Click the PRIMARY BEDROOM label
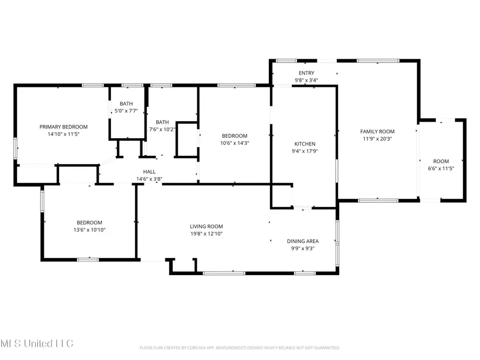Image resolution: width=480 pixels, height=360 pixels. pyautogui.click(x=63, y=127)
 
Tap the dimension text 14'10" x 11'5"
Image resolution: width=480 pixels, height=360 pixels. pyautogui.click(x=63, y=134)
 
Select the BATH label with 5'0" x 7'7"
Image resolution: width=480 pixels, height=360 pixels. pyautogui.click(x=126, y=103)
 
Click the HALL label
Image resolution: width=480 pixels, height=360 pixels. pyautogui.click(x=149, y=171)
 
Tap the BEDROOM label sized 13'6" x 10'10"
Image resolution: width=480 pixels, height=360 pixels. pyautogui.click(x=89, y=222)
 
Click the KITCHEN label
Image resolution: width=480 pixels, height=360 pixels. pyautogui.click(x=305, y=144)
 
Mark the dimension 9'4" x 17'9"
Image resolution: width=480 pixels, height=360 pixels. pyautogui.click(x=305, y=151)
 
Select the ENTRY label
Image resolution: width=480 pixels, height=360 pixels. pyautogui.click(x=307, y=73)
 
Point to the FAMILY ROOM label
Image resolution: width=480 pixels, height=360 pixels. pyautogui.click(x=377, y=131)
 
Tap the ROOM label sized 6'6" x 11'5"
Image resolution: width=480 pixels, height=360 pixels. pyautogui.click(x=441, y=161)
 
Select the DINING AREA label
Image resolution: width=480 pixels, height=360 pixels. pyautogui.click(x=302, y=241)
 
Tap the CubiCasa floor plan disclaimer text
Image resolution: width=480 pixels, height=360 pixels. pyautogui.click(x=239, y=348)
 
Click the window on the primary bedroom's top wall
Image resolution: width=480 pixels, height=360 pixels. pyautogui.click(x=93, y=85)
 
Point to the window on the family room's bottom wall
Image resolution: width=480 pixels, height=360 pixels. pyautogui.click(x=378, y=201)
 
